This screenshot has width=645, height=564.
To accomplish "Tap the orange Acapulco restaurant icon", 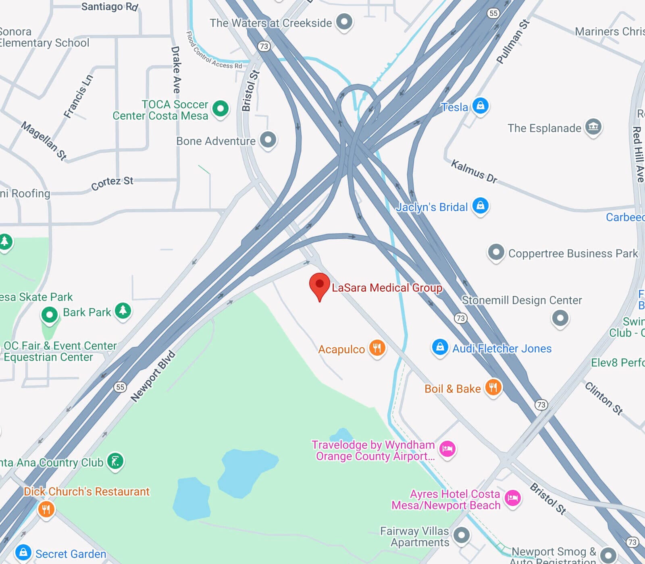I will pos(377,348).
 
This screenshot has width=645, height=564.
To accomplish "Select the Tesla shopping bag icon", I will pos(480,106).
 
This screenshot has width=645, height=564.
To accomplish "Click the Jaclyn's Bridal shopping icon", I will pos(480,206).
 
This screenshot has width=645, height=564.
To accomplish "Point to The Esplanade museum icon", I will pos(593,127).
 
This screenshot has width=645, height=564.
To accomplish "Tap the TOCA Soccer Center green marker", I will pos(221,108).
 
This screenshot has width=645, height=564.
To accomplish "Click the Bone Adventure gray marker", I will pos(268,140).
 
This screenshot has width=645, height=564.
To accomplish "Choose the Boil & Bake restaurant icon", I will pos(493,388).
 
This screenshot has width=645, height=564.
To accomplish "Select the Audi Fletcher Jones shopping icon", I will pos(440,347).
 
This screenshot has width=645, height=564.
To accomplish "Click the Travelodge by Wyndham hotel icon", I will pos(447,448).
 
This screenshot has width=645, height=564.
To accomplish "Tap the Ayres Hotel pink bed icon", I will pos(512,498).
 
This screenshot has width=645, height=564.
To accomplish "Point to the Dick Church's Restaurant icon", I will pos(46,509).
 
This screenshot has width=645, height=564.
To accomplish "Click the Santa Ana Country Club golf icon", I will pos(115,461).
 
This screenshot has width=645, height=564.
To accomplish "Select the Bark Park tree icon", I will pos(123,311).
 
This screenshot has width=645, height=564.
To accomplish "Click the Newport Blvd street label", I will pos(153,377).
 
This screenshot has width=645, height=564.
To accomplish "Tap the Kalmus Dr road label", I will pos(474,171).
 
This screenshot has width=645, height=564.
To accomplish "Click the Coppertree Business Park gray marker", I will pos(496,253).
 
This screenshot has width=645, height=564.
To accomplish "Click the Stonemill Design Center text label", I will pos(522,300).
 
